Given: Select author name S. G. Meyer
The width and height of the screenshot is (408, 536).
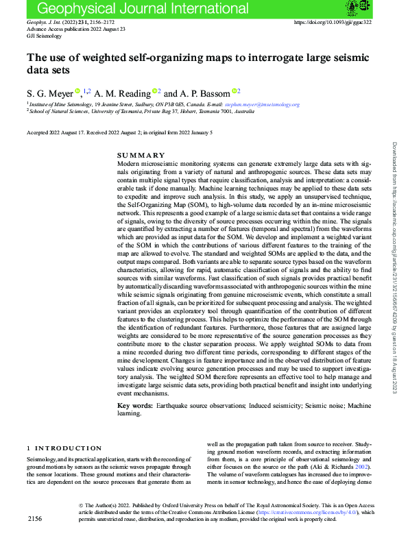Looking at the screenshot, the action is point(49,92).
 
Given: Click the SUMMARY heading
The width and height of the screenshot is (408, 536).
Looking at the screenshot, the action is point(142,156).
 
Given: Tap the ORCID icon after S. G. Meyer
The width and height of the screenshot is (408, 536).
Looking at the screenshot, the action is point(77,90).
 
